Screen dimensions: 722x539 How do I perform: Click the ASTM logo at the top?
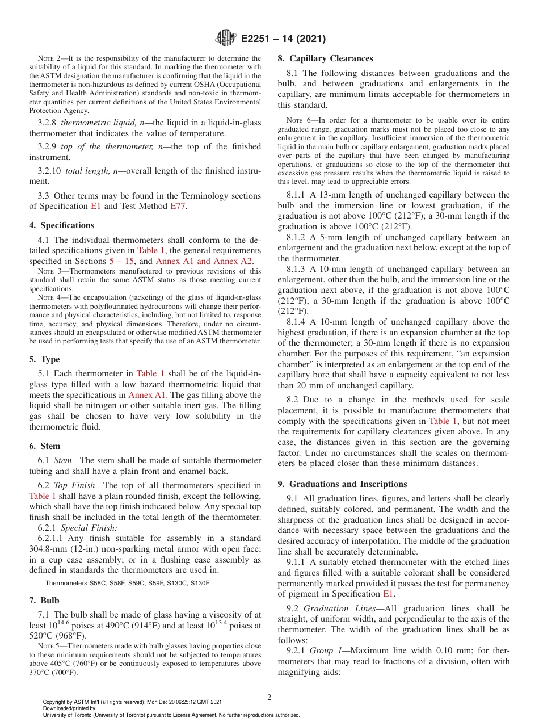point(225,39)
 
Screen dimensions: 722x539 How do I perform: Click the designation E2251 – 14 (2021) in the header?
point(283,39)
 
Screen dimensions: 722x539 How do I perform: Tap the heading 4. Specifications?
point(62,225)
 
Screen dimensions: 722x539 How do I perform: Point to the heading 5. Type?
point(44,359)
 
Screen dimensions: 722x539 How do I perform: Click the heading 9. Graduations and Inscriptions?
point(343,484)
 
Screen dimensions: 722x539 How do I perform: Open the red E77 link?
point(177,206)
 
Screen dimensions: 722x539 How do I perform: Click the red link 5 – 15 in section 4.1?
point(123,261)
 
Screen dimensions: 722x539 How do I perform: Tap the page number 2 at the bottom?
point(269,698)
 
